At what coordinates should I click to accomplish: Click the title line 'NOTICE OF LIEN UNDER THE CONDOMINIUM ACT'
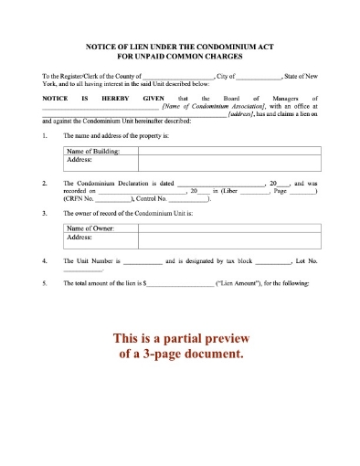(180, 46)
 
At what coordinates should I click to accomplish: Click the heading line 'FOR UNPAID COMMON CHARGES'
(180, 55)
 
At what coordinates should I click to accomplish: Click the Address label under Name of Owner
(80, 237)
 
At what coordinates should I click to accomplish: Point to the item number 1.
(45, 135)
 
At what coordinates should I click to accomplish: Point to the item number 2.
(45, 183)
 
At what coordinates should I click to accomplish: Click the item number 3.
(45, 213)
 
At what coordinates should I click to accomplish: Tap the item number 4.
(45, 261)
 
